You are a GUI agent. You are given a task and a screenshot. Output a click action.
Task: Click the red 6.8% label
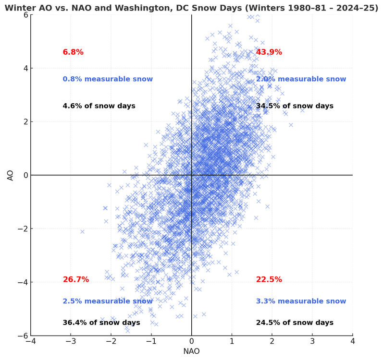pyautogui.click(x=73, y=52)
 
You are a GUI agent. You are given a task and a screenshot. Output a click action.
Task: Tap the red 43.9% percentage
pyautogui.click(x=269, y=52)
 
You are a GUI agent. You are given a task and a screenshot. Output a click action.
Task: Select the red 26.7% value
pyautogui.click(x=75, y=279)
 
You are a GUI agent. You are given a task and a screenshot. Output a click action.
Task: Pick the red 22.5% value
pyautogui.click(x=269, y=279)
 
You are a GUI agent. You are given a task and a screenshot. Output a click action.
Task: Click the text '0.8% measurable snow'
pyautogui.click(x=108, y=79)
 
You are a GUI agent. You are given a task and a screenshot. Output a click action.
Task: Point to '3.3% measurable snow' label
pyautogui.click(x=301, y=301)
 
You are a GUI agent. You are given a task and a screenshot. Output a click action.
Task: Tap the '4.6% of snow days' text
pyautogui.click(x=99, y=106)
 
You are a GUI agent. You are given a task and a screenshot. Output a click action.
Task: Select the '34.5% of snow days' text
pyautogui.click(x=294, y=106)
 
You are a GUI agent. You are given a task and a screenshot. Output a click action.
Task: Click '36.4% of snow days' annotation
pyautogui.click(x=101, y=323)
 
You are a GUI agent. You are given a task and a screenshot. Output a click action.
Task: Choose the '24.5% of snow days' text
pyautogui.click(x=294, y=323)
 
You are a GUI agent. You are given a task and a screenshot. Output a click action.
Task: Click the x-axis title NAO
pyautogui.click(x=191, y=351)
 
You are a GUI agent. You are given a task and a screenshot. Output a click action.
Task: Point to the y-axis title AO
pyautogui.click(x=10, y=175)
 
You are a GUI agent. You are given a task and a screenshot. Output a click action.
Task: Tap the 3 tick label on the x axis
pyautogui.click(x=312, y=341)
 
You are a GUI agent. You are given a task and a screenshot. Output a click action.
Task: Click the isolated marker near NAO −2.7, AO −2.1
pyautogui.click(x=82, y=231)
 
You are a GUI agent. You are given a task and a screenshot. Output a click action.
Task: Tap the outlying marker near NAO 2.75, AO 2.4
pyautogui.click(x=302, y=110)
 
